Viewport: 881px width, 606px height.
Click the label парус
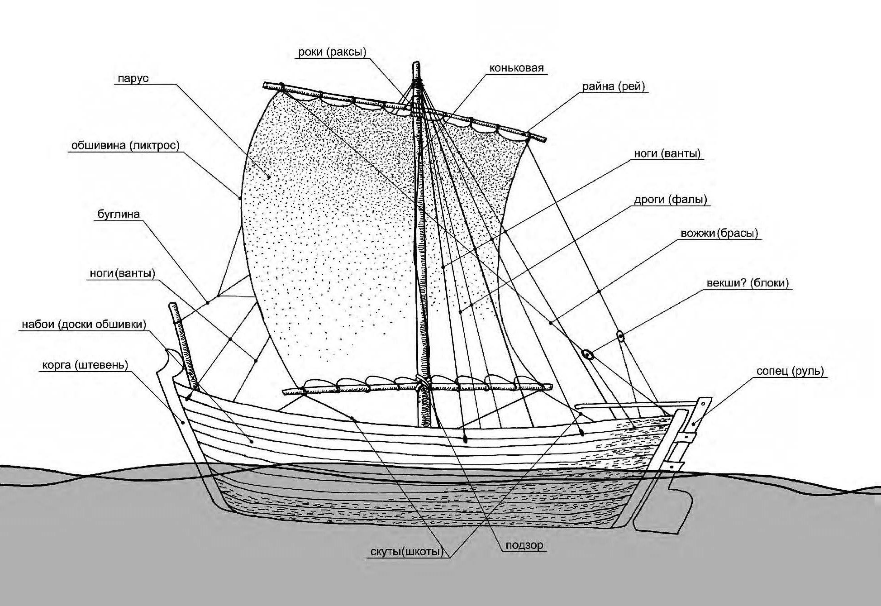[x=133, y=78]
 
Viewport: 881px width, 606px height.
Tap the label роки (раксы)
[x=332, y=52]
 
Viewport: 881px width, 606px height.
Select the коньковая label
[x=516, y=68]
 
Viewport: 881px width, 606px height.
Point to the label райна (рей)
[x=613, y=86]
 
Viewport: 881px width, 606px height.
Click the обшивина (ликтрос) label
[x=125, y=146]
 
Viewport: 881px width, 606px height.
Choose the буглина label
[x=119, y=214]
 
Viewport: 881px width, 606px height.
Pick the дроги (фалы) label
[x=670, y=200]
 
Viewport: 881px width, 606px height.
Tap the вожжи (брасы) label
[x=719, y=234]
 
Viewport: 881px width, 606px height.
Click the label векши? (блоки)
[x=748, y=283]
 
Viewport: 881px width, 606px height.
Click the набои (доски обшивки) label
[x=84, y=324]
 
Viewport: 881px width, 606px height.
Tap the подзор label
[x=524, y=545]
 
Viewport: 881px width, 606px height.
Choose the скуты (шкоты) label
[x=406, y=552]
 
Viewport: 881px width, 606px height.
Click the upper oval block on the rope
[x=620, y=336]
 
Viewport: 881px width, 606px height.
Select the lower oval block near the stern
[x=587, y=355]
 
